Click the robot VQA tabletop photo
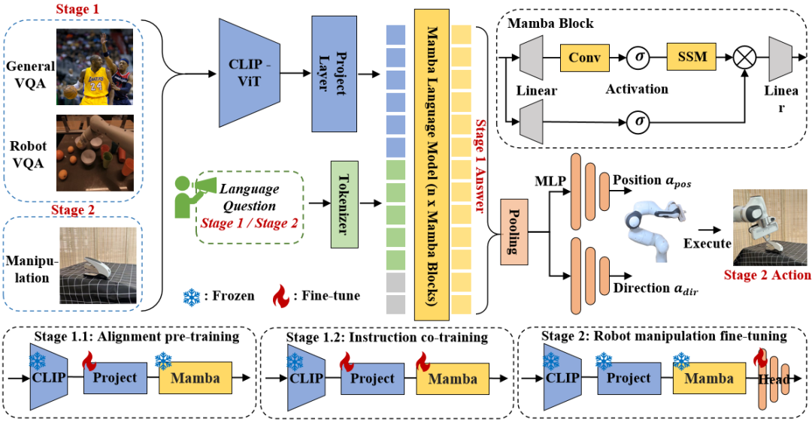(94, 152)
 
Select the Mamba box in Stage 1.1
(195, 377)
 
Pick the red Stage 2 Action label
(767, 275)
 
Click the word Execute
(707, 243)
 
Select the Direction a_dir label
(652, 288)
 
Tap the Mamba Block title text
(550, 23)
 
